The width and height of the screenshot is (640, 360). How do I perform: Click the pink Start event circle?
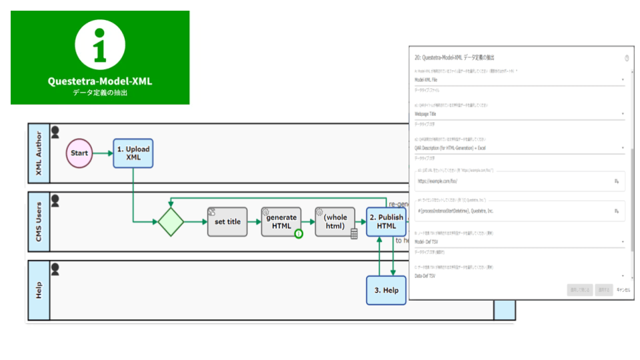pos(79,153)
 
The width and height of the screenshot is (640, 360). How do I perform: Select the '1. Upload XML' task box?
pos(133,153)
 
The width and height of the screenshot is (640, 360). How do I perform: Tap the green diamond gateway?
pos(171,221)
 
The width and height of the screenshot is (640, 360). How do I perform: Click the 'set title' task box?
pos(227,221)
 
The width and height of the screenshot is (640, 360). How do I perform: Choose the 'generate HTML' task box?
pos(281,221)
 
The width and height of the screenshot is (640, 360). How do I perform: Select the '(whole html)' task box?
pos(335,221)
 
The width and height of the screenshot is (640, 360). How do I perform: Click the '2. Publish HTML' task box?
pos(386,221)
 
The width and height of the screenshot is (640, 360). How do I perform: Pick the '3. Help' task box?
pos(386,290)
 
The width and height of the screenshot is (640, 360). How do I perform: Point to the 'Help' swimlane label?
pos(38,290)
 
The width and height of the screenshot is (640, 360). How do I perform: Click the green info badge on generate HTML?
pos(299,233)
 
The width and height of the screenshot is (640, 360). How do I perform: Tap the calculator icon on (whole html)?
pos(354,233)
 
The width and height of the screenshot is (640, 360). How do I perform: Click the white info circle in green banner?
pos(100,45)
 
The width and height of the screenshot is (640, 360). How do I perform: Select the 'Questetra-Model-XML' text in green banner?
pos(100,81)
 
